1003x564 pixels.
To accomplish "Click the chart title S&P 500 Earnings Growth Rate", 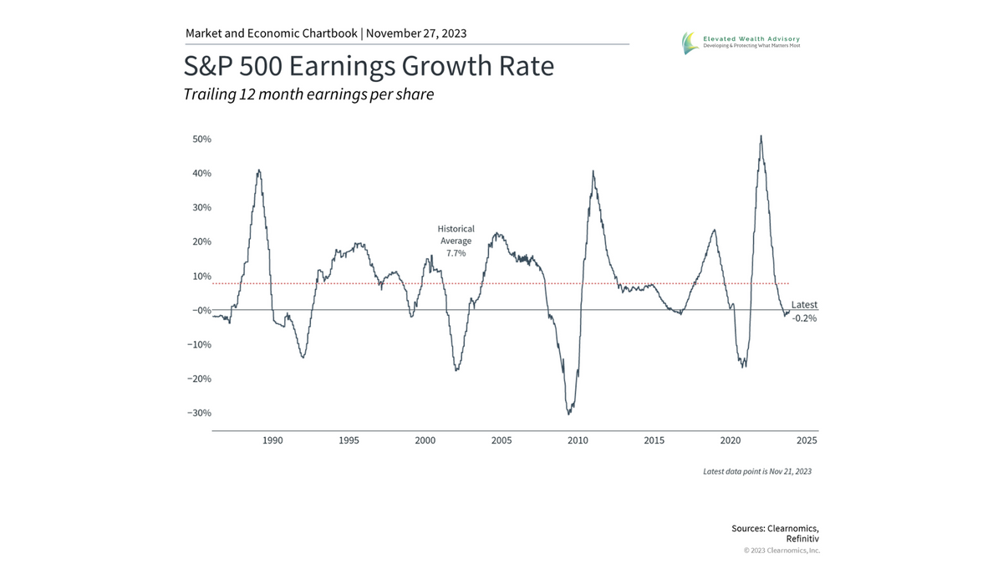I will (369, 67).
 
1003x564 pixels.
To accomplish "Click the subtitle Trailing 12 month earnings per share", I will (308, 94).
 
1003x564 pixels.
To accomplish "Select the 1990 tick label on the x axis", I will (272, 440).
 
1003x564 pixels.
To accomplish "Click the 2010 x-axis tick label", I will (578, 440).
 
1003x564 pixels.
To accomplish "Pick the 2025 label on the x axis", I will (807, 440).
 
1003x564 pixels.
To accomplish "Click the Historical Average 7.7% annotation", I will (456, 240).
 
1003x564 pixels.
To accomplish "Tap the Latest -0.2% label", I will (804, 311).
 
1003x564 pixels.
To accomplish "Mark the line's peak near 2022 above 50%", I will (761, 136).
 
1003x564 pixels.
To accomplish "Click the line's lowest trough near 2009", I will (569, 414).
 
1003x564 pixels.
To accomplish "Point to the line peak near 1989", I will (259, 170).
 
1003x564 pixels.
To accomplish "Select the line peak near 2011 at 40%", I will (593, 172).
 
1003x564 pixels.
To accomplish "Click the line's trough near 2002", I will (456, 370).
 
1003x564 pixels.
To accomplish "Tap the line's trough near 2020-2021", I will (743, 366).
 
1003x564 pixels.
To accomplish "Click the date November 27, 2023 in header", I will (415, 33).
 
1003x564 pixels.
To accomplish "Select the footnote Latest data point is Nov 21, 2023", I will (757, 471).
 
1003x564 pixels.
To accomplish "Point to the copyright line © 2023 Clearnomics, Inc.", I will (782, 551).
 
